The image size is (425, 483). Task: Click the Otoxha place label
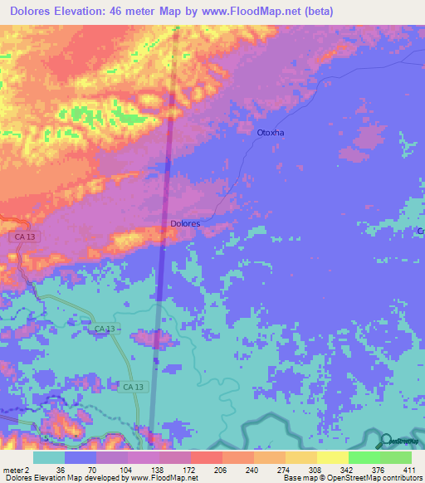[x=271, y=132]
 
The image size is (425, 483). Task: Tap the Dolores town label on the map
[x=184, y=224]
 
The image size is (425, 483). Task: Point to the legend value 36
[x=60, y=469]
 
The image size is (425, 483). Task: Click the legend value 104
[x=124, y=469]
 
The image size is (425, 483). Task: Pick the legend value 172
[x=187, y=469]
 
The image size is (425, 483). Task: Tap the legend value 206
[x=218, y=469]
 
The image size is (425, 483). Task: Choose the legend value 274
[x=282, y=469]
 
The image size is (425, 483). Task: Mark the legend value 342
[x=346, y=469]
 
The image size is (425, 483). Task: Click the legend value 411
[x=408, y=469]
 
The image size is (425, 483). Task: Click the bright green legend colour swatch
[x=364, y=457]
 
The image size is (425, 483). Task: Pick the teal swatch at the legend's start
[x=49, y=457]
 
